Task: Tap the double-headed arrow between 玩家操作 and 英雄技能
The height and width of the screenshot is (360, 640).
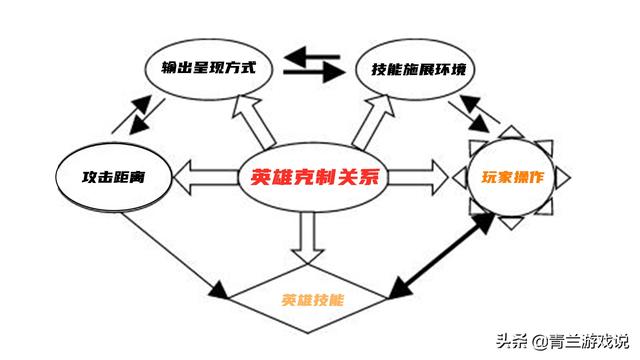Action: coord(441,256)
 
